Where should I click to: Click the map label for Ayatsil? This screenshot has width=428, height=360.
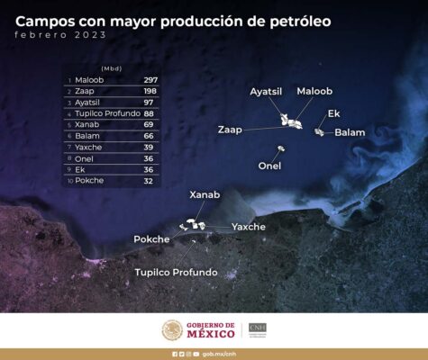[x=266, y=92]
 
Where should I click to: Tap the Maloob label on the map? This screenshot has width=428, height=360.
[x=314, y=91]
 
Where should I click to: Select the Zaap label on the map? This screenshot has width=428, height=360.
[x=230, y=130]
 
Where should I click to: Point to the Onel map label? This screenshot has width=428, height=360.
[x=269, y=166]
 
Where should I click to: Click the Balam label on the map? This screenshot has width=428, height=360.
[x=350, y=132]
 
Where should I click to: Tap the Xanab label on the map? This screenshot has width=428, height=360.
[x=205, y=194]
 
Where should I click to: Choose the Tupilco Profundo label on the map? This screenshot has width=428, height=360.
[x=176, y=272]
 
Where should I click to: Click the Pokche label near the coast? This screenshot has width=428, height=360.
[x=151, y=239]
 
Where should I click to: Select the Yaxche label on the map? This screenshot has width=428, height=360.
[x=249, y=227]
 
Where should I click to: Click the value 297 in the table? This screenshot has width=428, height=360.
[x=150, y=80]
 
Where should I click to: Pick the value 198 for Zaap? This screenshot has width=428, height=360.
[x=150, y=91]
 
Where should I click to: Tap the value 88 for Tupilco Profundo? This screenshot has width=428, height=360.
[x=149, y=113]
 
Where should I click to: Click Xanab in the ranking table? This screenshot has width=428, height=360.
[x=87, y=124]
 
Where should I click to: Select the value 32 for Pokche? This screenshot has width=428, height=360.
[x=148, y=181]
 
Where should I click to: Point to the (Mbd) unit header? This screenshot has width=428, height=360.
[x=112, y=68]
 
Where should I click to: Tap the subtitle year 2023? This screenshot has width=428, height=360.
[x=90, y=35]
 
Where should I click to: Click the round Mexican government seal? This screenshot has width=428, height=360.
[x=172, y=330]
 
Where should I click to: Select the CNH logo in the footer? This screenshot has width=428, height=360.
[x=258, y=330]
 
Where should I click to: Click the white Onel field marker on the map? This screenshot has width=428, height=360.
[x=281, y=148]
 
